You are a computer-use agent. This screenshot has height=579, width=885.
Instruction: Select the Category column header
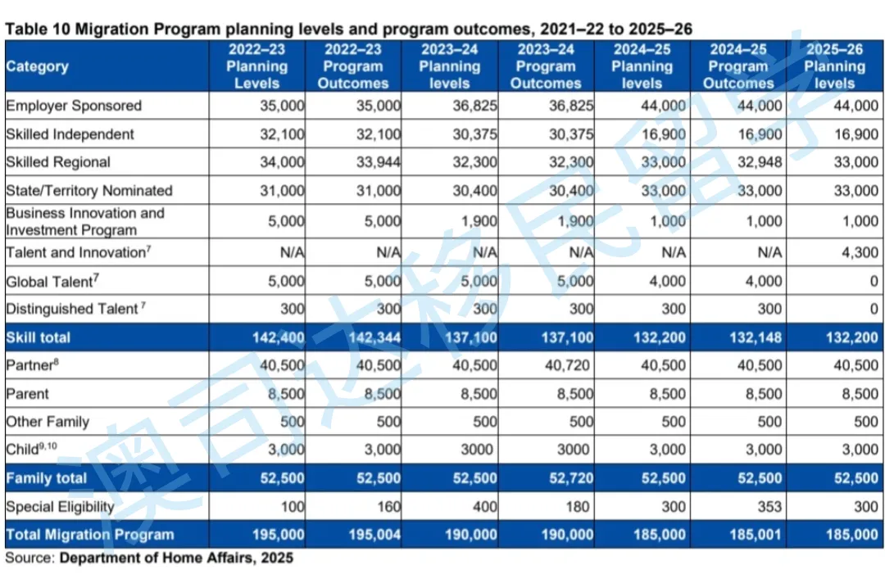pyautogui.click(x=38, y=66)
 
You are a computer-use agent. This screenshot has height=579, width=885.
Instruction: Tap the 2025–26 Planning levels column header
pyautogui.click(x=834, y=66)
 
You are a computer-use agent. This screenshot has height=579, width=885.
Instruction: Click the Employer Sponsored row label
pyautogui.click(x=74, y=106)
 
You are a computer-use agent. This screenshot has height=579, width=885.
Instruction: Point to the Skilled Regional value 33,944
pyautogui.click(x=379, y=162)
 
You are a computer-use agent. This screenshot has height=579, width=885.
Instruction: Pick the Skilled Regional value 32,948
pyautogui.click(x=760, y=162)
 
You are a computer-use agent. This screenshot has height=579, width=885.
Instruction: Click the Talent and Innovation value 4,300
pyautogui.click(x=859, y=252)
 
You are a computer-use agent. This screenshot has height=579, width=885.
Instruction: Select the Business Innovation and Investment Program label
pyautogui.click(x=85, y=221)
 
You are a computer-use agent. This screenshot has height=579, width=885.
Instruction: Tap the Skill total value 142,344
pyautogui.click(x=373, y=337)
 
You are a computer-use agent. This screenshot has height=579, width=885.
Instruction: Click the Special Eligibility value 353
pyautogui.click(x=769, y=507)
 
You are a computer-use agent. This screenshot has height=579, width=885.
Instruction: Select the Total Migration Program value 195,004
pyautogui.click(x=373, y=535)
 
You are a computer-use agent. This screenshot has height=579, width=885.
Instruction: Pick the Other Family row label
pyautogui.click(x=48, y=422)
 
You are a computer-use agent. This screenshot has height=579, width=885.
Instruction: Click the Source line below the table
pyautogui.click(x=149, y=559)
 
